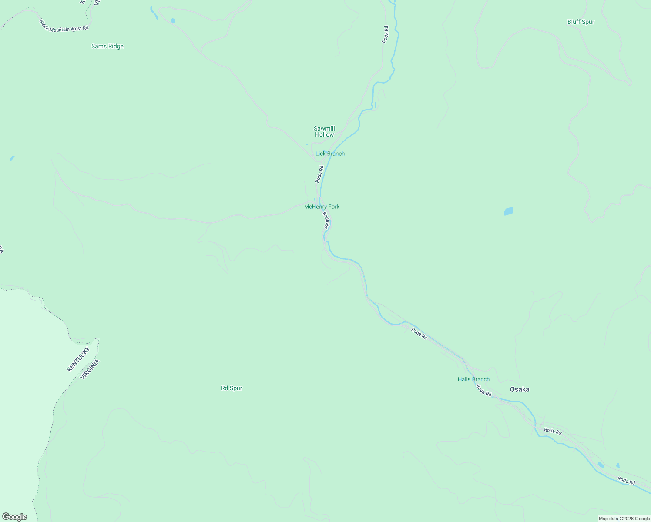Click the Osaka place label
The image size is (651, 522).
[x=520, y=389]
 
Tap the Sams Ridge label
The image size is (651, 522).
[x=107, y=47]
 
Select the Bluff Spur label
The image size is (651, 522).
[x=581, y=22]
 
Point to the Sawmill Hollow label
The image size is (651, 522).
[x=324, y=131]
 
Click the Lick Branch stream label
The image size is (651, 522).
[x=330, y=154]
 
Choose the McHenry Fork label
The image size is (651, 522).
[x=322, y=207]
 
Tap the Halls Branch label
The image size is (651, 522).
[x=473, y=379]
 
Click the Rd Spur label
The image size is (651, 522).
[x=232, y=388]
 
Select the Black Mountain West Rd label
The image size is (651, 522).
[x=64, y=26]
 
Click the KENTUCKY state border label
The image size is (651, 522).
[x=78, y=359]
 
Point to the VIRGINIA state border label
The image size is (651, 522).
[x=90, y=369]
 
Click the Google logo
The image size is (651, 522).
[x=15, y=517]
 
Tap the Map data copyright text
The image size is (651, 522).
[x=624, y=519]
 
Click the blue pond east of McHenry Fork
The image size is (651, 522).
[x=508, y=211]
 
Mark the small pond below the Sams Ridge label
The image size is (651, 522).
[x=12, y=158]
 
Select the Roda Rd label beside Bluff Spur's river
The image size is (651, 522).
[x=385, y=34]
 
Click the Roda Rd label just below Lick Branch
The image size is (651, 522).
[x=319, y=174]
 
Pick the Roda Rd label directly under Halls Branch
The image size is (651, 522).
[x=483, y=391]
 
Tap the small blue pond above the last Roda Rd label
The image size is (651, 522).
[x=617, y=465]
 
